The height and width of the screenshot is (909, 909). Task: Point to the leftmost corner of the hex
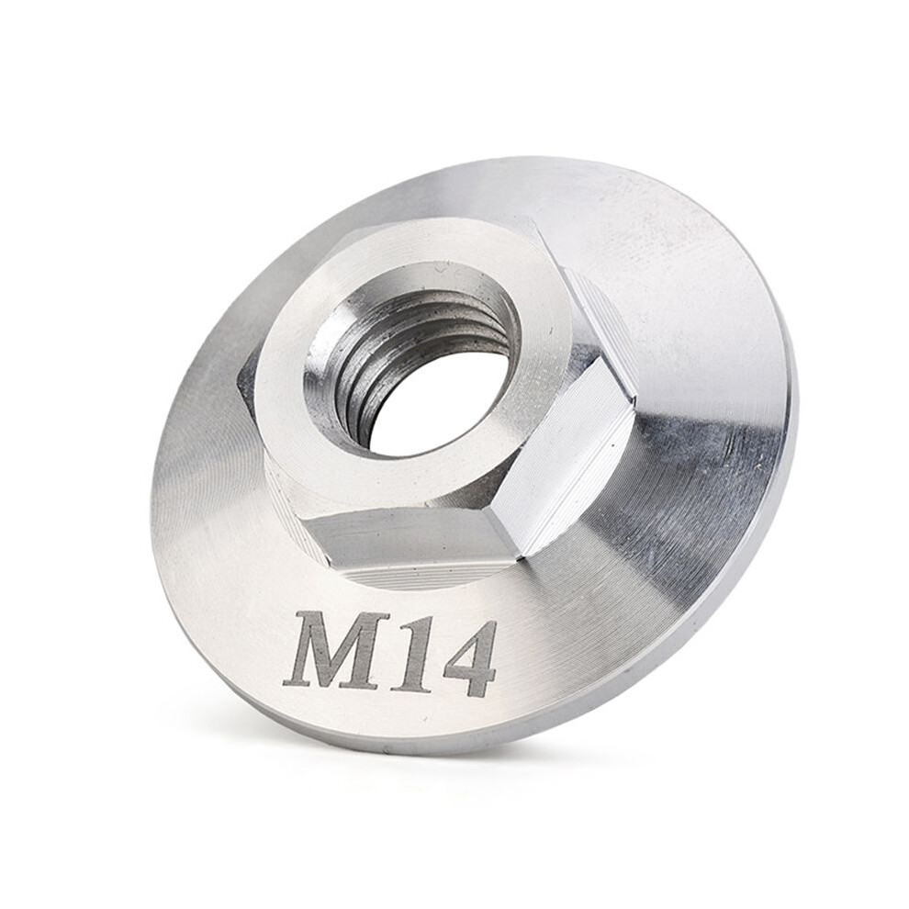coord(238,383)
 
